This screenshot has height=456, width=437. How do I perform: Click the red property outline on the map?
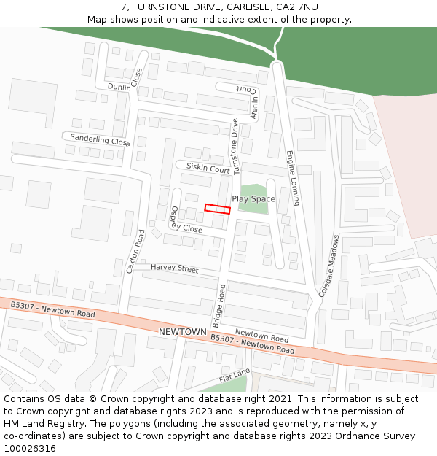[x=217, y=209]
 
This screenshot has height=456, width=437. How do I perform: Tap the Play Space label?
[x=253, y=199]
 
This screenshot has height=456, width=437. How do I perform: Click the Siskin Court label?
[x=208, y=168]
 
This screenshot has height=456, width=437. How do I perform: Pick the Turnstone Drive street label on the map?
[x=235, y=146]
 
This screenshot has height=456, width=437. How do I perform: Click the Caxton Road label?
[x=135, y=251]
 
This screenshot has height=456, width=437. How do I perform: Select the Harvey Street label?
[x=174, y=268]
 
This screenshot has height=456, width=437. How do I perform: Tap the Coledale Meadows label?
[x=328, y=266]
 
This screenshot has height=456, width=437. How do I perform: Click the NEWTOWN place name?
[x=182, y=332]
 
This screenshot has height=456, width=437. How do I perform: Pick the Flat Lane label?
[x=235, y=376]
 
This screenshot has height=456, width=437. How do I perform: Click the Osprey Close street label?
[x=182, y=223]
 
